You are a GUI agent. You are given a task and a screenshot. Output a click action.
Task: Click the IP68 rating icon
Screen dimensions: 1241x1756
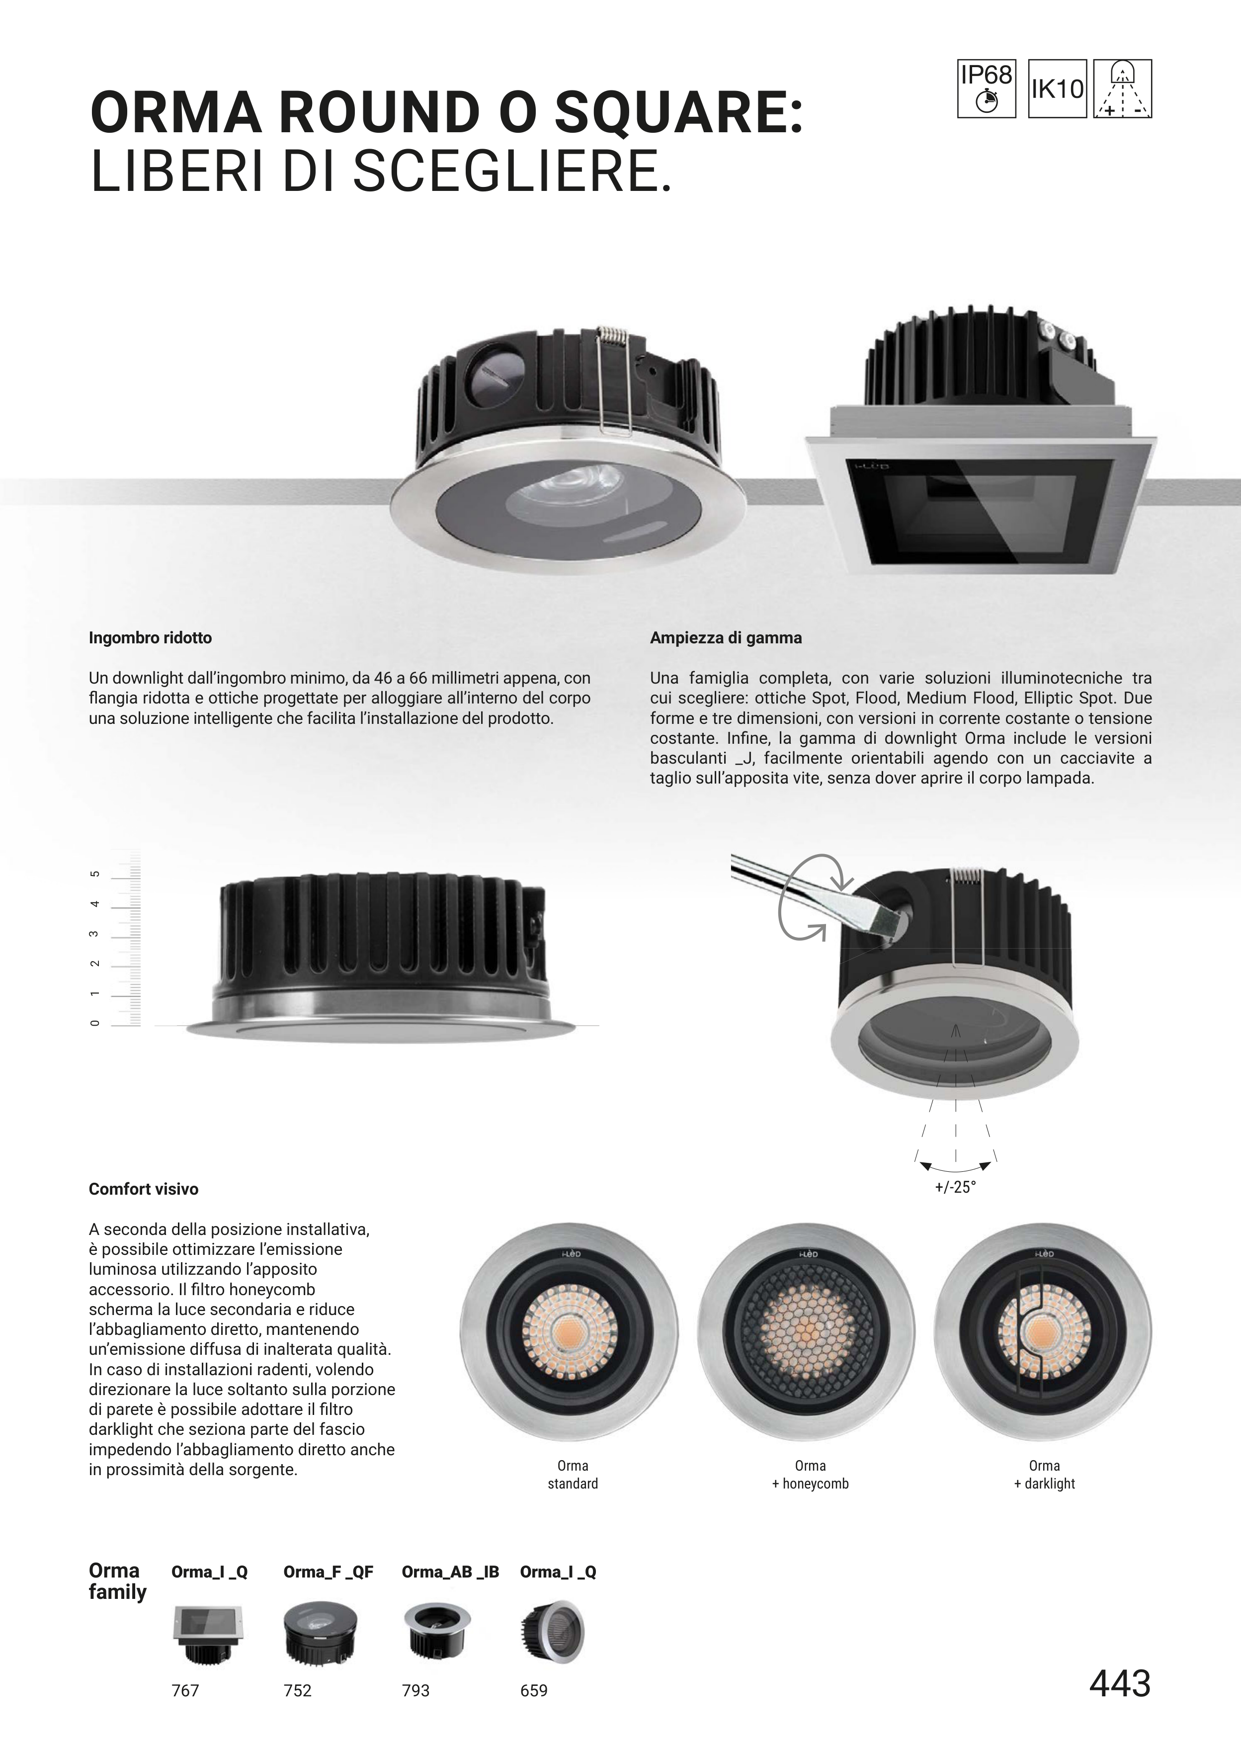(987, 88)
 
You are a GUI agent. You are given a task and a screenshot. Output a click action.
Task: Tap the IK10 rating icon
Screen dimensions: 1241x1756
(1058, 88)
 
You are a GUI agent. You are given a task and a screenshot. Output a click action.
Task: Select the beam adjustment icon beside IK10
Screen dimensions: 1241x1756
(1123, 88)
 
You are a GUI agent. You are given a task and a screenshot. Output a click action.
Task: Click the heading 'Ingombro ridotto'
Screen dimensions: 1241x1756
(150, 638)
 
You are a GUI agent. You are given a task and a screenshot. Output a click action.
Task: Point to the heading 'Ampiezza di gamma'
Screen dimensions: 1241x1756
(726, 638)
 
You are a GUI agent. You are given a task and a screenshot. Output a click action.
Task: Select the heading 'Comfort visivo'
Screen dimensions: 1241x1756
(144, 1189)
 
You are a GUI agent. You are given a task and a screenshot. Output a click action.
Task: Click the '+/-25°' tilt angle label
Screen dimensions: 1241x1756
(955, 1188)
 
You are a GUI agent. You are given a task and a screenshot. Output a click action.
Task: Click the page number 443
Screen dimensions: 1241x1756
(1120, 1683)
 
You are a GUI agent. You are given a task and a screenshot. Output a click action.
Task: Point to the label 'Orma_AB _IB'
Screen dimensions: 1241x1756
(450, 1572)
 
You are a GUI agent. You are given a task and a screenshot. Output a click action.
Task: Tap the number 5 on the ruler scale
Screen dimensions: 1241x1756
(95, 874)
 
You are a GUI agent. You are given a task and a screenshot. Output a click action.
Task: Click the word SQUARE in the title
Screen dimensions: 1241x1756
(679, 113)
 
